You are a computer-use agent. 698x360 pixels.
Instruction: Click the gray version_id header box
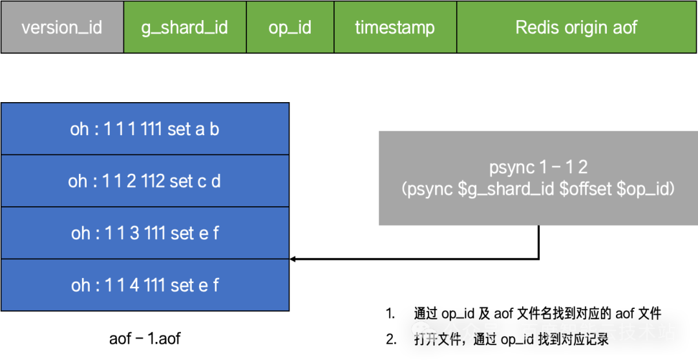[62, 27]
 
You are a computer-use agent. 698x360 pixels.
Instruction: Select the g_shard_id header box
[185, 27]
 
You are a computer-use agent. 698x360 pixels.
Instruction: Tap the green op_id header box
[290, 27]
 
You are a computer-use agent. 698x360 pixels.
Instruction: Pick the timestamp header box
[396, 27]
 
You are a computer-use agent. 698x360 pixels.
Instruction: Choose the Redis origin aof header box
[577, 27]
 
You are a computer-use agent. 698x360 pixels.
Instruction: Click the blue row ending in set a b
[145, 129]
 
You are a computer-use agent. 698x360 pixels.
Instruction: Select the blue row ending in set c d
[145, 181]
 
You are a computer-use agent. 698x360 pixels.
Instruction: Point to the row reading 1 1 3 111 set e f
[145, 233]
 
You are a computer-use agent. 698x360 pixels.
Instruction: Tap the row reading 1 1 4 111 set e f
[145, 285]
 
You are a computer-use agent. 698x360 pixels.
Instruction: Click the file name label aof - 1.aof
[145, 339]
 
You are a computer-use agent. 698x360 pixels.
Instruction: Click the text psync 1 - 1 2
[538, 168]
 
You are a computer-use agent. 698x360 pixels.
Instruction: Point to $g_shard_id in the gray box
[507, 190]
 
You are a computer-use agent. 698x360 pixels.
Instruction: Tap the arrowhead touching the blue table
[293, 259]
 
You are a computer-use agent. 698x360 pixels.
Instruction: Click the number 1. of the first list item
[390, 313]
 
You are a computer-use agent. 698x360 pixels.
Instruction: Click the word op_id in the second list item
[518, 341]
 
